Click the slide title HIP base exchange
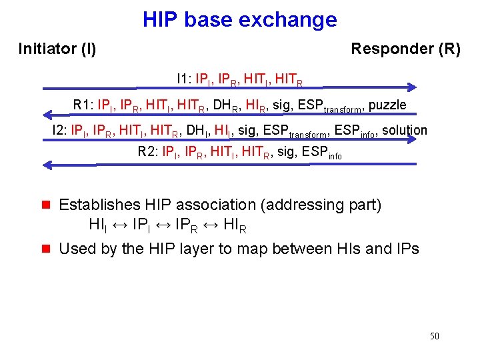(239, 20)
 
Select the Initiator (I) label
(57, 49)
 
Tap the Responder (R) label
(405, 49)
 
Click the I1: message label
(184, 79)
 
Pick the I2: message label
(59, 130)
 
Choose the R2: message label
(147, 151)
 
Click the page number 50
(434, 336)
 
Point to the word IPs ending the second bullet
(406, 249)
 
